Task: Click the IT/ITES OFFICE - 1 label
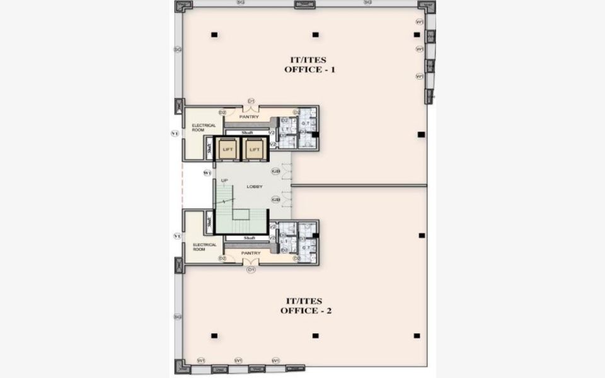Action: point(309,64)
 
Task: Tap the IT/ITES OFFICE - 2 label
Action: point(307,306)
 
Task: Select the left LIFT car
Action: point(228,149)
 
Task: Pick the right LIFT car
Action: point(254,149)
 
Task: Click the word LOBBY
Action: point(255,186)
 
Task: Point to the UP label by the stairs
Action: point(224,181)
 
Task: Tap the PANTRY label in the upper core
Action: point(249,117)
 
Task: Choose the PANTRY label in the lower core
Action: point(251,253)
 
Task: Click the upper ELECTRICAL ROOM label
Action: point(204,127)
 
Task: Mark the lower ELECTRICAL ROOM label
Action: point(204,247)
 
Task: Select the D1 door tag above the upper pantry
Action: point(250,101)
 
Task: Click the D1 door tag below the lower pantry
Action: point(251,270)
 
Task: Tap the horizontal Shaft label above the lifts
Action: point(248,132)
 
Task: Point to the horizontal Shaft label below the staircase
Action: point(248,238)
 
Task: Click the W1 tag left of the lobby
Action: point(207,173)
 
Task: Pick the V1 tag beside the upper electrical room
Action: point(175,133)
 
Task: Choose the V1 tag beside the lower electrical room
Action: point(177,236)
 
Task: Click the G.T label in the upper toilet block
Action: point(304,123)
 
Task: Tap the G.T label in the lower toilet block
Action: point(304,248)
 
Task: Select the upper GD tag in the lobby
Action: point(275,171)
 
